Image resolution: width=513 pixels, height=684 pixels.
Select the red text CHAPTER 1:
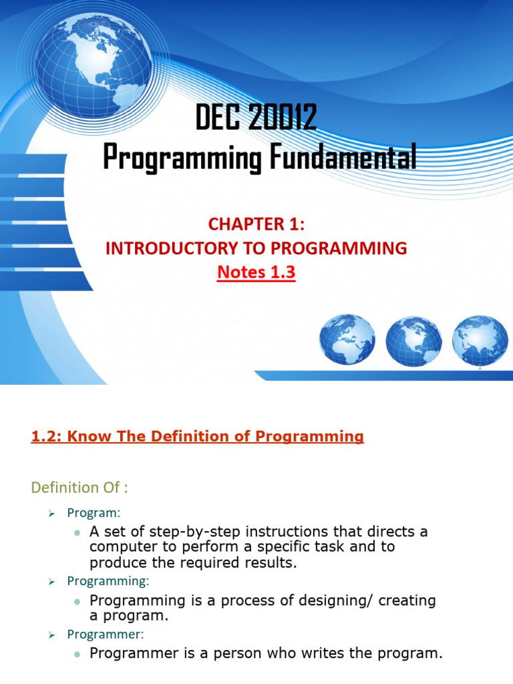(256, 224)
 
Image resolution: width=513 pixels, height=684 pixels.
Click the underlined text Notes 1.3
(256, 273)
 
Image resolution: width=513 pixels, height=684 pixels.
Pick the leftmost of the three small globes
(346, 341)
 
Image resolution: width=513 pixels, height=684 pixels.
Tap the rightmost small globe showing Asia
(480, 341)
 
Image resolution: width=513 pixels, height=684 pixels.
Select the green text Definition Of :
(79, 488)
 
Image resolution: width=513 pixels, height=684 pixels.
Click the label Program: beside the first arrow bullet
(94, 513)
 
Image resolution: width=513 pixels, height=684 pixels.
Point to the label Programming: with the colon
(108, 582)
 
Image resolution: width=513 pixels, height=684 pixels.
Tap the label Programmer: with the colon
(106, 634)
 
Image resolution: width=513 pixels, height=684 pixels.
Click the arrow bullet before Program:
(51, 513)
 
